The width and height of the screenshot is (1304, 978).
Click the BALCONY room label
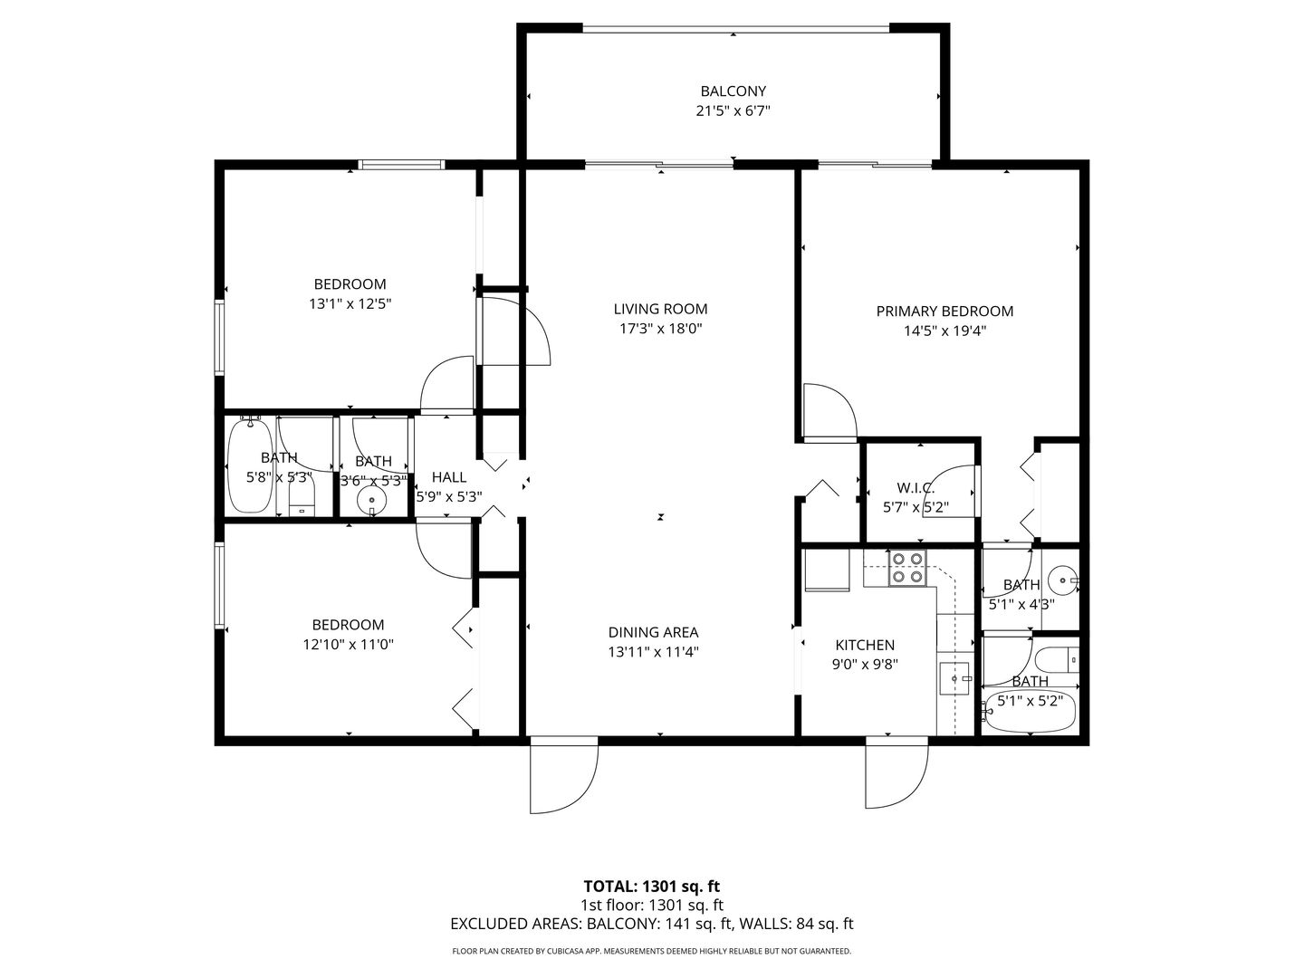[733, 91]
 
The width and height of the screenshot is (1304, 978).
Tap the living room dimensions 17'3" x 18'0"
[661, 329]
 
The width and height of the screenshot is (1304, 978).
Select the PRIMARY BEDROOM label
[944, 312]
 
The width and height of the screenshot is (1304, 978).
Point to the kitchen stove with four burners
[907, 568]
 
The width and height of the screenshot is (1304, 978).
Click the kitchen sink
[954, 678]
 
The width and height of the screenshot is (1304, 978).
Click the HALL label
[449, 477]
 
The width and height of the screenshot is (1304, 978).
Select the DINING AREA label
[653, 632]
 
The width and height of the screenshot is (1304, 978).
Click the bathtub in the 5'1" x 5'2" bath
[1029, 711]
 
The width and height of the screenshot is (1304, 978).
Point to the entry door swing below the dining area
[564, 776]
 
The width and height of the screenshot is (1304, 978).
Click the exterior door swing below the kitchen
[896, 773]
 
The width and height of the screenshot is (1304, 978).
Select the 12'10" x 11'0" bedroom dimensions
[348, 644]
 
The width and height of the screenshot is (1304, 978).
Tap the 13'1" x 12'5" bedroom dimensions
[350, 304]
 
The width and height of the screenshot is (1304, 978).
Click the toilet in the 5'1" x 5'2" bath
[1056, 659]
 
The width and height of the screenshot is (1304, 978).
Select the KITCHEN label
[865, 645]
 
